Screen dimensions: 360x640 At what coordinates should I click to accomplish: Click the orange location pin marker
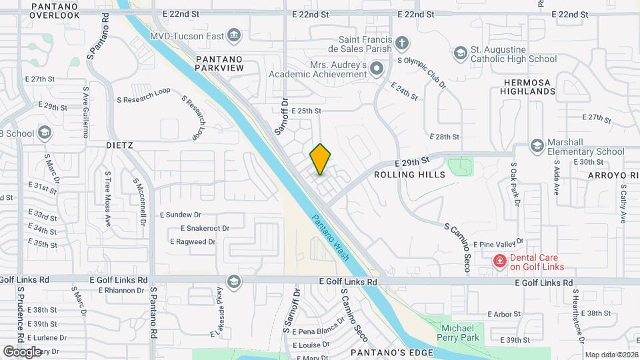coord(320,159)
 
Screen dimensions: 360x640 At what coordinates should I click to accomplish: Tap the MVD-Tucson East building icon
coord(233,35)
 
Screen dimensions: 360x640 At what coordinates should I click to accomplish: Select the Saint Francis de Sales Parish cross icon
coord(401,43)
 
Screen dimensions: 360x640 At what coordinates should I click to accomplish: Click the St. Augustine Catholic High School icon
coord(460,53)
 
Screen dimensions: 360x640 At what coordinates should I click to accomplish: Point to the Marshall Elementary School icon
coord(537,145)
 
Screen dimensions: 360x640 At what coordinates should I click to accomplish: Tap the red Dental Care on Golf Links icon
coord(499,261)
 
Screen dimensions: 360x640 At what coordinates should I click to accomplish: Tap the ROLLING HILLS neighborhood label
coord(409,175)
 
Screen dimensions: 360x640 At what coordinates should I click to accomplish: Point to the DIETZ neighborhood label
coord(120,145)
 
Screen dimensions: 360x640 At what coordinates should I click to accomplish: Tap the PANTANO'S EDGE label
coord(393,352)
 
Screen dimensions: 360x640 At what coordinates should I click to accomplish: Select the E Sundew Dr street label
coord(181,215)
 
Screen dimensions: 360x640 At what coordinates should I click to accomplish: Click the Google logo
coord(22,351)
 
